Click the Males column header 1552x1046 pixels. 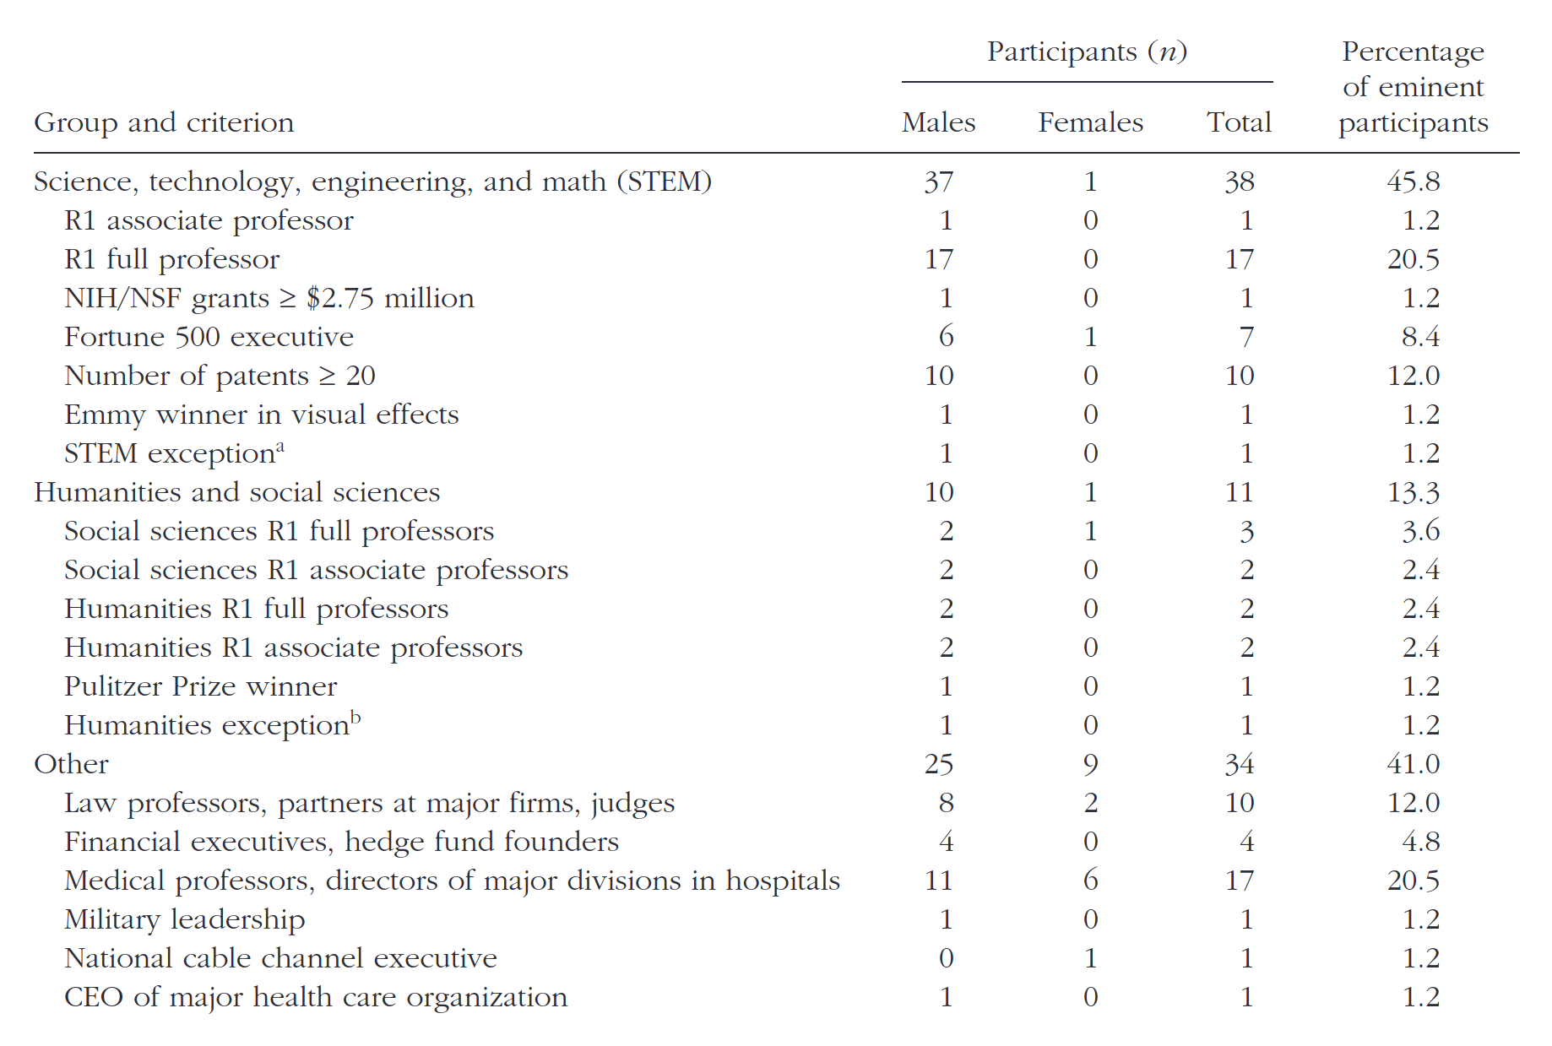(938, 122)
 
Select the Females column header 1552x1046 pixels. (1090, 122)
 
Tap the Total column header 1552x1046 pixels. (1239, 122)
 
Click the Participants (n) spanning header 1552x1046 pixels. (1088, 52)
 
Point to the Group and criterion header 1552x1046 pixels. (164, 123)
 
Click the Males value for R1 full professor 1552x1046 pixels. (939, 259)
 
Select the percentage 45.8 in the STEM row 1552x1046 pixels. (1414, 182)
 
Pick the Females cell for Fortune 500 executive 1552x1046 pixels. (1090, 337)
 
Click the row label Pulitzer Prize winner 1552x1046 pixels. (201, 686)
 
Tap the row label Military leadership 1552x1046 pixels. (185, 920)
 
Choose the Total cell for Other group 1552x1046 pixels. (1239, 764)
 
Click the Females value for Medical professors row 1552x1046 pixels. (1090, 881)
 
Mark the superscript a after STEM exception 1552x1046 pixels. (280, 447)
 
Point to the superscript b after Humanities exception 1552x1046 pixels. (355, 718)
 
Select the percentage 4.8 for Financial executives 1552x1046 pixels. (1421, 842)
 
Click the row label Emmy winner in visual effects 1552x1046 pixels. (262, 415)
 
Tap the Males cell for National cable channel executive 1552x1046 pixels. (947, 958)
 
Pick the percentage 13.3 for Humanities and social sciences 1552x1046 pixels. (1414, 492)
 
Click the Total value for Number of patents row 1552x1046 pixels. (1239, 376)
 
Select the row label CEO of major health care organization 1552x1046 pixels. (317, 998)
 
